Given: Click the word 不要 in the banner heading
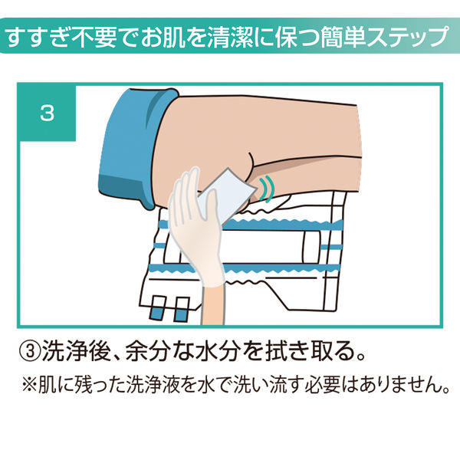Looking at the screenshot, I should [91, 38].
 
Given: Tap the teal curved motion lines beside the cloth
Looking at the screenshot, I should [267, 186].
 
